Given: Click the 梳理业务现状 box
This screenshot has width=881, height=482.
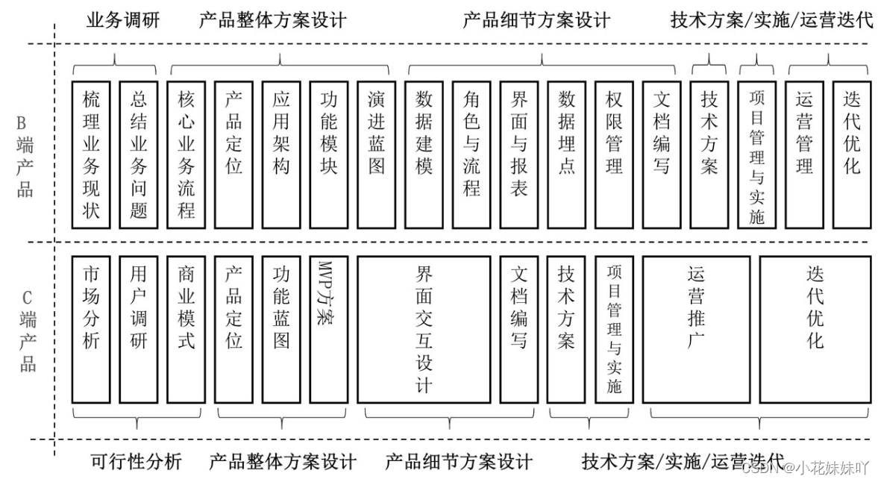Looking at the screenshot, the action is (91, 154).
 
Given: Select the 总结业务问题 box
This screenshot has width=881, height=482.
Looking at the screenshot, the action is (139, 154).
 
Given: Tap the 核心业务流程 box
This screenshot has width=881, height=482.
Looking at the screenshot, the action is (186, 154).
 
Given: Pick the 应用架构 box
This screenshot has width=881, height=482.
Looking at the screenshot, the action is (281, 154).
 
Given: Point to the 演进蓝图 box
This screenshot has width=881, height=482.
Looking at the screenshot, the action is (377, 154).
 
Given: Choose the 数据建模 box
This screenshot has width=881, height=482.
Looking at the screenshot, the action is (424, 154).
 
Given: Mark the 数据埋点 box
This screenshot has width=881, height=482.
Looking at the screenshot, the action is (567, 154).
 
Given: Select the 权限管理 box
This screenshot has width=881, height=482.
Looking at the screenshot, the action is (615, 154).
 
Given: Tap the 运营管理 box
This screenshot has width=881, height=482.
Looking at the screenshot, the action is (804, 154).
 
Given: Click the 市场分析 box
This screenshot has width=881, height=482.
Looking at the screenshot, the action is (91, 329).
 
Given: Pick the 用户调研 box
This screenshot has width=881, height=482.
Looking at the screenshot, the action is (139, 329).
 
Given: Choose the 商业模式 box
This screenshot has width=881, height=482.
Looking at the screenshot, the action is (186, 329).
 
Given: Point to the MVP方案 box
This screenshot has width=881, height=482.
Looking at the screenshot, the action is (329, 329).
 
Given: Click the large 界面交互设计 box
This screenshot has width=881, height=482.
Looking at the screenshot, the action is (424, 329).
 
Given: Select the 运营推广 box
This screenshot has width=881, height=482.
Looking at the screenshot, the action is (696, 329).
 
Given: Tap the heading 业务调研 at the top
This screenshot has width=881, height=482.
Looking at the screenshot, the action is (123, 20).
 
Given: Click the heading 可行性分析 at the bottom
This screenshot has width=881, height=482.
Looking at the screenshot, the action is (136, 462).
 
